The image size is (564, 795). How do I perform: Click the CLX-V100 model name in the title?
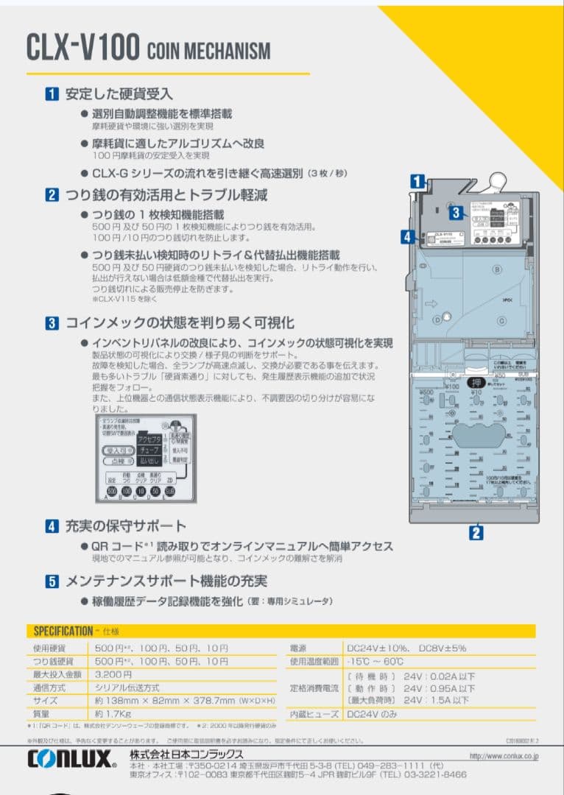pos(82,48)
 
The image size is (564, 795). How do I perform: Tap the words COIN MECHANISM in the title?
pos(208,51)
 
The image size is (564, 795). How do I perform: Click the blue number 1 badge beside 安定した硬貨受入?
pos(52,93)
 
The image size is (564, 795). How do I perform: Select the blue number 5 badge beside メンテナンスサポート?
pos(52,582)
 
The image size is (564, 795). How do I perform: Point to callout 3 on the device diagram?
pos(456,213)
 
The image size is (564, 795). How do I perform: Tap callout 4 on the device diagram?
pos(407,236)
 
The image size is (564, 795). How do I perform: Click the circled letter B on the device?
pos(497,270)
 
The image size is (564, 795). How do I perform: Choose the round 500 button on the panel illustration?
pos(112,491)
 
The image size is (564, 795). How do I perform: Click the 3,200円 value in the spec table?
pos(114,674)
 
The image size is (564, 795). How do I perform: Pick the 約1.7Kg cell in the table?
pos(113,714)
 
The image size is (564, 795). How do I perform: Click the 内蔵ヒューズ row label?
pos(315,714)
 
